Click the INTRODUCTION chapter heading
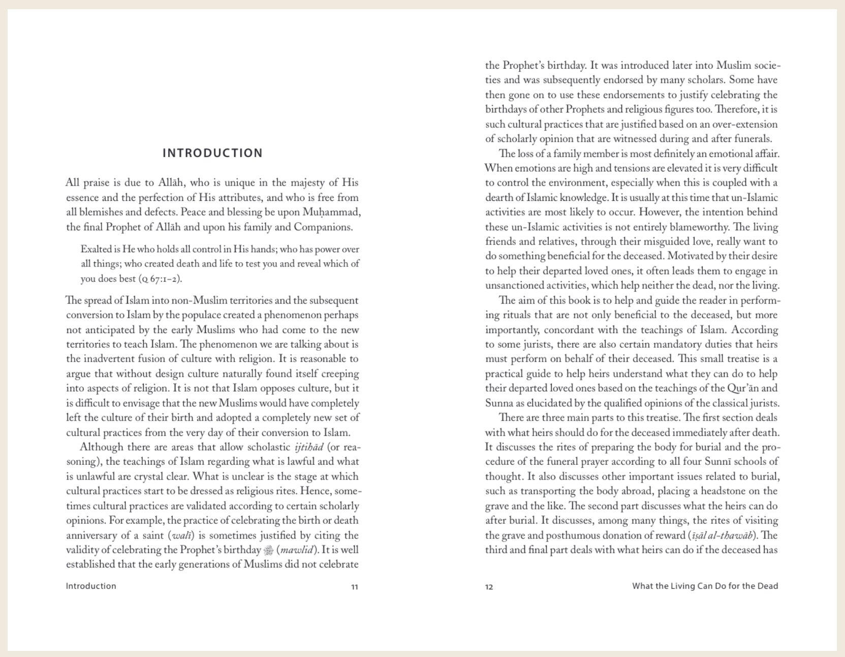(212, 153)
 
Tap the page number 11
(355, 587)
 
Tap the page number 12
(489, 587)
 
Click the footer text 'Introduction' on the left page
(91, 586)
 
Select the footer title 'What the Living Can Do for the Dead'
(705, 586)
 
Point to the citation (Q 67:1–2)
(160, 279)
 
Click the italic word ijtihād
(309, 447)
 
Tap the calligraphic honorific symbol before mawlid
(269, 550)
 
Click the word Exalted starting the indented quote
(97, 249)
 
